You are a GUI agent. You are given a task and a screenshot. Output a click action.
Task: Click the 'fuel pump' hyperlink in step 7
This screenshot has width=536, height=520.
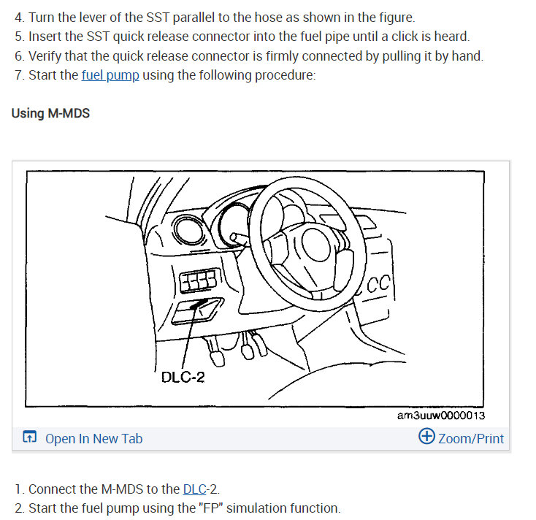pos(110,75)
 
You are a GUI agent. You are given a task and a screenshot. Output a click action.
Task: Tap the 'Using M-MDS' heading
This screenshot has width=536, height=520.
pos(50,114)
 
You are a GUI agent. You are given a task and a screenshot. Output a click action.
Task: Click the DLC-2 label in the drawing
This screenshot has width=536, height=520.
pos(183,378)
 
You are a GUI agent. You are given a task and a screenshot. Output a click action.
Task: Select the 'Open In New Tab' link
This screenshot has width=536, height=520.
pos(93,438)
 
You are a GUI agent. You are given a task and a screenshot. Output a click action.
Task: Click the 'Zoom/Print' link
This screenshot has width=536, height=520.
pos(471,438)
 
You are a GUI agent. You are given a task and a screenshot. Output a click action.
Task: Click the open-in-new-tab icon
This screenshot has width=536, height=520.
pos(30,438)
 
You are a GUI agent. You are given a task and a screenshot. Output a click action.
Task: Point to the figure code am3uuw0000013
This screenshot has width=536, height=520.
pos(441,416)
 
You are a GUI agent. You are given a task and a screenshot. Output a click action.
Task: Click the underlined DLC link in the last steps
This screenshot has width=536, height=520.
pos(194,489)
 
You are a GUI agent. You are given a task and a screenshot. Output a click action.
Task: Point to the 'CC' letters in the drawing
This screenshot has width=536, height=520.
pos(381,283)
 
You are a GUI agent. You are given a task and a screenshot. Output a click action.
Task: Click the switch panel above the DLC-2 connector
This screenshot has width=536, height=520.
pos(197,280)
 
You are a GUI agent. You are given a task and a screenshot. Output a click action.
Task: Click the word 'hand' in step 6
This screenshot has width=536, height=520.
pos(466,56)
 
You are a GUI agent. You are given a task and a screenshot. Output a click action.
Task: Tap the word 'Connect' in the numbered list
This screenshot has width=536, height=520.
pos(53,489)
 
